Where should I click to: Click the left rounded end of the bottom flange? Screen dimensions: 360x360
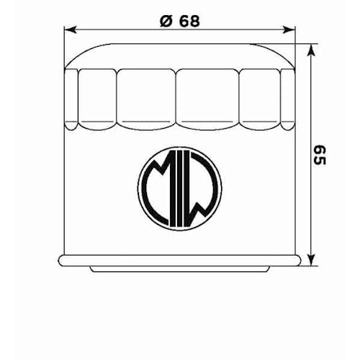coord(60,260)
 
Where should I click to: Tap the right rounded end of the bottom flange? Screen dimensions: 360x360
coord(300,260)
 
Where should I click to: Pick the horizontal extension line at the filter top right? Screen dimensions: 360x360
coord(302,48)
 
